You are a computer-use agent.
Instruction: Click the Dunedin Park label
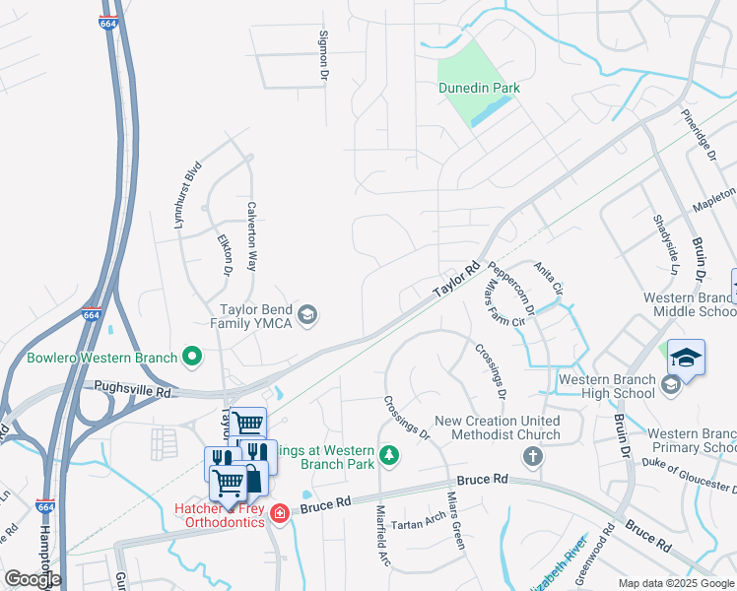[479, 88]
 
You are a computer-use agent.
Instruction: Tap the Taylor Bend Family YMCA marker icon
[307, 314]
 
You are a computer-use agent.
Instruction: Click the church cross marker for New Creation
[533, 456]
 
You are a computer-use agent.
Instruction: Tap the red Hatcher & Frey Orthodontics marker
[279, 513]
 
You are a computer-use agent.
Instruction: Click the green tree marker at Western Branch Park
[390, 454]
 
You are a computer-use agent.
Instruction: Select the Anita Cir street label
[548, 280]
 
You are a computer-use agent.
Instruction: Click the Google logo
[33, 578]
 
